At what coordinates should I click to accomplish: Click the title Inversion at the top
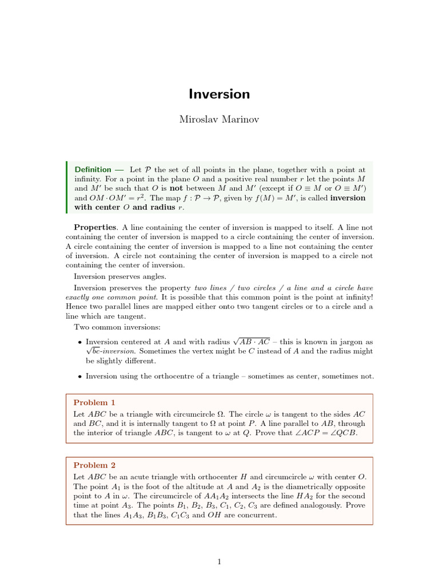219,94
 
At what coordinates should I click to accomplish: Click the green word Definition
93,169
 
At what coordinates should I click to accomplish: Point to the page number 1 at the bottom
219,561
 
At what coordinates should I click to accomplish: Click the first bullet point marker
79,342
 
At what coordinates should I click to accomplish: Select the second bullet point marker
79,377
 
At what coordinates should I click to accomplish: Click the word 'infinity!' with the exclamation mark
358,298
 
